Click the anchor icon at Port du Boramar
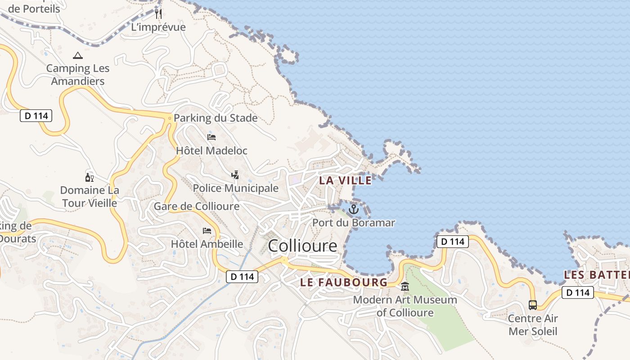point(354,209)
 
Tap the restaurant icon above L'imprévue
point(158,13)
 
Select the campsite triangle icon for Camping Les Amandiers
point(78,56)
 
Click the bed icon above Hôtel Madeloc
point(211,137)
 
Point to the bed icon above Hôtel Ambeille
point(207,231)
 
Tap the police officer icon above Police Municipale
point(234,175)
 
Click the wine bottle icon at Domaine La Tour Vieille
point(89,177)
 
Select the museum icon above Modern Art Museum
point(405,286)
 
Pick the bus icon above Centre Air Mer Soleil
point(533,305)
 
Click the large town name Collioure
point(302,246)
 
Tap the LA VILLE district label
point(346,180)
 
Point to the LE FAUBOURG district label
point(343,283)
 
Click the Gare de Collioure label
point(197,207)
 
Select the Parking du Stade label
point(216,118)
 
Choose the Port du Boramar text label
point(354,223)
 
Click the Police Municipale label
point(236,188)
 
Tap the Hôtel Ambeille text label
point(207,244)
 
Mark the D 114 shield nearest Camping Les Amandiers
point(36,116)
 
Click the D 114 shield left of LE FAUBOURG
point(242,277)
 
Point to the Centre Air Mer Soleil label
point(533,325)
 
